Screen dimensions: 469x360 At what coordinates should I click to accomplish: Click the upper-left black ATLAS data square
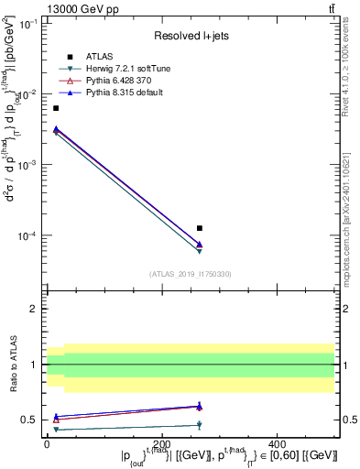56,108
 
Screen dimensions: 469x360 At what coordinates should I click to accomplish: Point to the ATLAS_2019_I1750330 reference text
191,273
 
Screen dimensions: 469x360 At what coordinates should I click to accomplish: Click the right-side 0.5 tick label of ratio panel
349,420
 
